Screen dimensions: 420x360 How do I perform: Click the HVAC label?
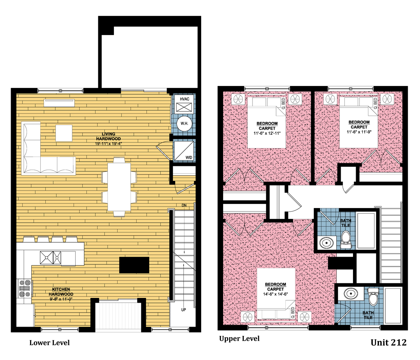(184, 99)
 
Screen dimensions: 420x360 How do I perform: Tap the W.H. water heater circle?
(184, 123)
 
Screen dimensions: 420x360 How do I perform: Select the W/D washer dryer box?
(184, 151)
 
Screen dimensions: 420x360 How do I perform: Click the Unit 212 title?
(388, 343)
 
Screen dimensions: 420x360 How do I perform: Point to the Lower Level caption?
(49, 343)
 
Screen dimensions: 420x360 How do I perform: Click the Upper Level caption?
(239, 339)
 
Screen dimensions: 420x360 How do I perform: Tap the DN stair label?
(184, 205)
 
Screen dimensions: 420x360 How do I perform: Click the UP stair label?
(184, 310)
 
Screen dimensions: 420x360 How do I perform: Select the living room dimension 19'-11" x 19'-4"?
(108, 144)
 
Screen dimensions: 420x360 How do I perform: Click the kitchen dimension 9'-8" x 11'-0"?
(61, 299)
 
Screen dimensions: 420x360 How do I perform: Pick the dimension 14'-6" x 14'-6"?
(275, 294)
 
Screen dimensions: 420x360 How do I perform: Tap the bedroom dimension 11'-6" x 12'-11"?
(267, 133)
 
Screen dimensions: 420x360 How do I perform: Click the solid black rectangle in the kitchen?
(134, 265)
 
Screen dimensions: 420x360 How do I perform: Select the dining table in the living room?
(119, 187)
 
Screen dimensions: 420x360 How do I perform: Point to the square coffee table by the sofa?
(64, 133)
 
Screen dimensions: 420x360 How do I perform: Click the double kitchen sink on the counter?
(50, 258)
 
